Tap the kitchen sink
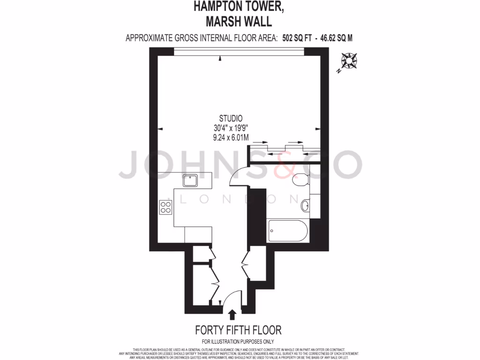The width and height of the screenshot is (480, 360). tap(190, 179)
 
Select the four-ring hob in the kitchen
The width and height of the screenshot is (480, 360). tap(165, 207)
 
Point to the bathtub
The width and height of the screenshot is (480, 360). tap(287, 231)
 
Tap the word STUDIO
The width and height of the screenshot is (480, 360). tap(231, 119)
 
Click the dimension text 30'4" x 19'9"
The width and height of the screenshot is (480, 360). tap(231, 128)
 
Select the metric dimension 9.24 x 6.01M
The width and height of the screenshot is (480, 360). tap(231, 137)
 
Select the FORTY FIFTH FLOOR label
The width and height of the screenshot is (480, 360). tap(238, 330)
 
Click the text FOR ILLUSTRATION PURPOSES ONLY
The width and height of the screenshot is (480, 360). tap(238, 342)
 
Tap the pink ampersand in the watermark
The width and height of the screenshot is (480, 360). tap(283, 165)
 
